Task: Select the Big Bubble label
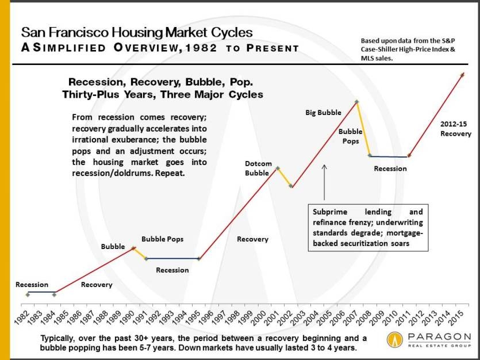(x=323, y=113)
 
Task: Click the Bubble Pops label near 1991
(x=163, y=239)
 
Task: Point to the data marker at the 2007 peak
(x=357, y=102)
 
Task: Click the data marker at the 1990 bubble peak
(x=133, y=248)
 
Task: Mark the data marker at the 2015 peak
(x=463, y=74)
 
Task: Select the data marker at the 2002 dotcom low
(x=291, y=186)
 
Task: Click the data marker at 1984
(x=54, y=294)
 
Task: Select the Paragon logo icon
(x=396, y=340)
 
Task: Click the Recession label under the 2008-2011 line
(x=390, y=168)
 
